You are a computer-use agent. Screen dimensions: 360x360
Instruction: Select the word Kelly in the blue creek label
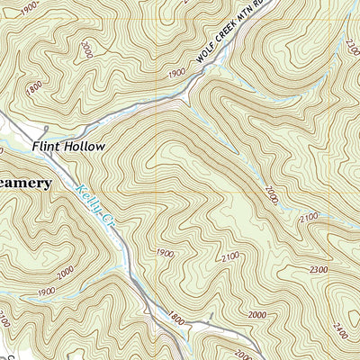(88, 198)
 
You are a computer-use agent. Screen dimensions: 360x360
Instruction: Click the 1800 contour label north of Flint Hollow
(35, 89)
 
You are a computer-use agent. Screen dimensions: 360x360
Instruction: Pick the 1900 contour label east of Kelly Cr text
(163, 252)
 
